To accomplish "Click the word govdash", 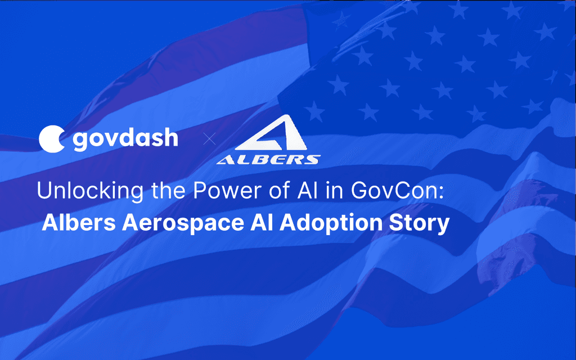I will (125, 138).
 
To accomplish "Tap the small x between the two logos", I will (209, 139).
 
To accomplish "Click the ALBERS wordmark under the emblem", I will (269, 160).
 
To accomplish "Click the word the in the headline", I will (162, 191).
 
